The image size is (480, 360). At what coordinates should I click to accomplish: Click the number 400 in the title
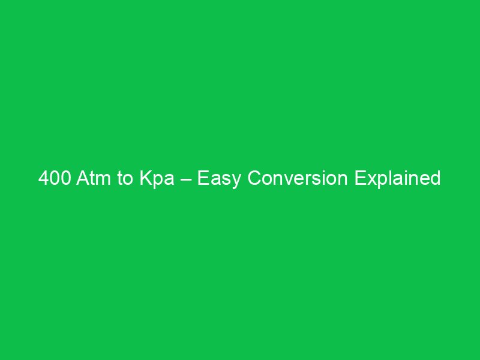[54, 179]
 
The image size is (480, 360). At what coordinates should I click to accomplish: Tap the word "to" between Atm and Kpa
[125, 179]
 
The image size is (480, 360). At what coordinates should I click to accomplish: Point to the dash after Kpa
[184, 179]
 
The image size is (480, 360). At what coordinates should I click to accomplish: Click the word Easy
[217, 179]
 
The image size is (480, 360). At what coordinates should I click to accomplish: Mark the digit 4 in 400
[44, 179]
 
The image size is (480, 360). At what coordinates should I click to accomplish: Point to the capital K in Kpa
[145, 179]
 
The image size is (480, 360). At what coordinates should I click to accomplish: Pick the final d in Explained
[435, 179]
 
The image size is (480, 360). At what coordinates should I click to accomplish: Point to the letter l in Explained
[391, 179]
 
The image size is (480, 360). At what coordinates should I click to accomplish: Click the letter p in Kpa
[157, 181]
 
